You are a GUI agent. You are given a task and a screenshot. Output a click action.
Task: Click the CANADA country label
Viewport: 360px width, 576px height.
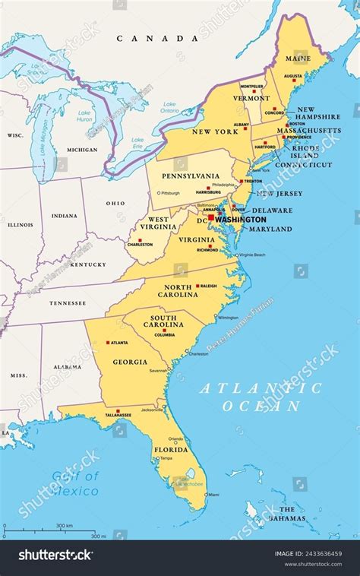click(151, 38)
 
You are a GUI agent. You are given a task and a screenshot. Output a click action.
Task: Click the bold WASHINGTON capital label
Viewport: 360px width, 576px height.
click(241, 219)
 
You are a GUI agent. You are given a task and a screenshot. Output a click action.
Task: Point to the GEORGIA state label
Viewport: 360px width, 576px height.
click(130, 362)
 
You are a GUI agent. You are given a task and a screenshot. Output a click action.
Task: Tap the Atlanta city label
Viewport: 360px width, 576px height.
click(119, 343)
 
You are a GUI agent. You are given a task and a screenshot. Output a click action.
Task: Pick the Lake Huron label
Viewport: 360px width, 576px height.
click(84, 116)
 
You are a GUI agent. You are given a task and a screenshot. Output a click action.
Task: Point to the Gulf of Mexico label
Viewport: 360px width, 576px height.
click(75, 483)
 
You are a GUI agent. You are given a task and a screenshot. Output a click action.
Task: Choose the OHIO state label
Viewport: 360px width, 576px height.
click(115, 203)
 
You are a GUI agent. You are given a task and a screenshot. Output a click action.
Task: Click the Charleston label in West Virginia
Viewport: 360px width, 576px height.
click(140, 245)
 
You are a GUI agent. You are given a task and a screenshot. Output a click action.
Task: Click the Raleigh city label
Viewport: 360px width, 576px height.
click(207, 286)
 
